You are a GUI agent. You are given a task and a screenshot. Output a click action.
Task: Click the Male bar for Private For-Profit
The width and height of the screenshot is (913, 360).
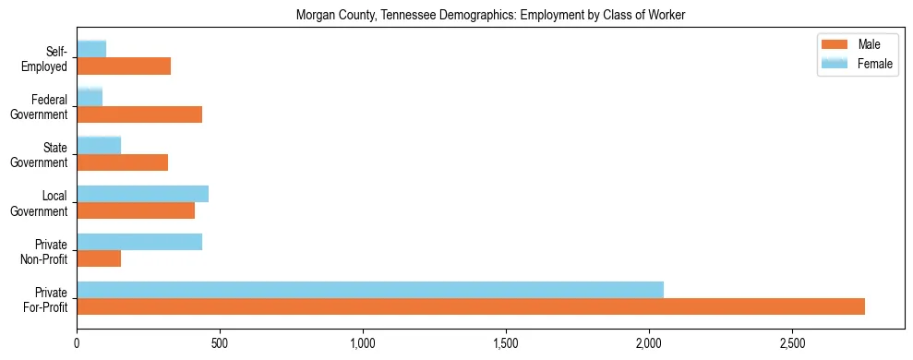coord(471,306)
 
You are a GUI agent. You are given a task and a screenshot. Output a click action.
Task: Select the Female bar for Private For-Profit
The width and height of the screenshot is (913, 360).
coord(370,290)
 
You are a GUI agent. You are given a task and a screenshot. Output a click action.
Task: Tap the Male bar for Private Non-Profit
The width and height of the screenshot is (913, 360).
coord(99,258)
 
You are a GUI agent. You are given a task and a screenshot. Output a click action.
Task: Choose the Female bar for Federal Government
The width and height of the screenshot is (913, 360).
coord(90,97)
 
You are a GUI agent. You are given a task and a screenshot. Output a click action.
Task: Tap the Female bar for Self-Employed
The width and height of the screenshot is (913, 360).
coord(91,49)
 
